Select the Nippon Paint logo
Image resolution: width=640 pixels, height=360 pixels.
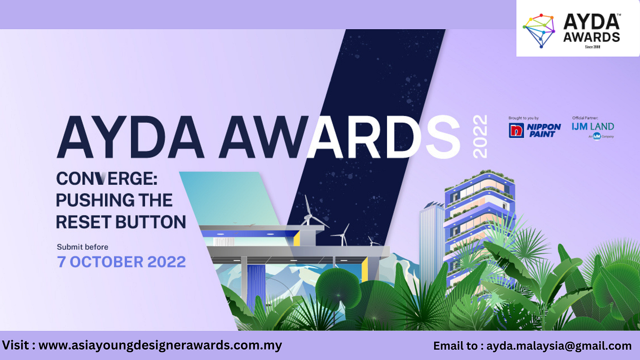[534, 130]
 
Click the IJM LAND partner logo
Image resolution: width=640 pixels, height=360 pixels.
[593, 127]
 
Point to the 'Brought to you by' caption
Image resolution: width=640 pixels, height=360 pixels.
[523, 118]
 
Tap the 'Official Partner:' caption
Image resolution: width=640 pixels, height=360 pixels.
[585, 118]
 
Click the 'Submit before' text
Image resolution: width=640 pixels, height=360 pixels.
[82, 247]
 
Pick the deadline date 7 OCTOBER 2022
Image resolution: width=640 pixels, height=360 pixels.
[121, 262]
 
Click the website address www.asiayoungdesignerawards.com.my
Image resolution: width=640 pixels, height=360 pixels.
[160, 345]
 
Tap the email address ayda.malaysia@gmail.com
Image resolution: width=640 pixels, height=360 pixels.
[559, 346]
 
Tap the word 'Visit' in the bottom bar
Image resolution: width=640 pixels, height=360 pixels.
[17, 345]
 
